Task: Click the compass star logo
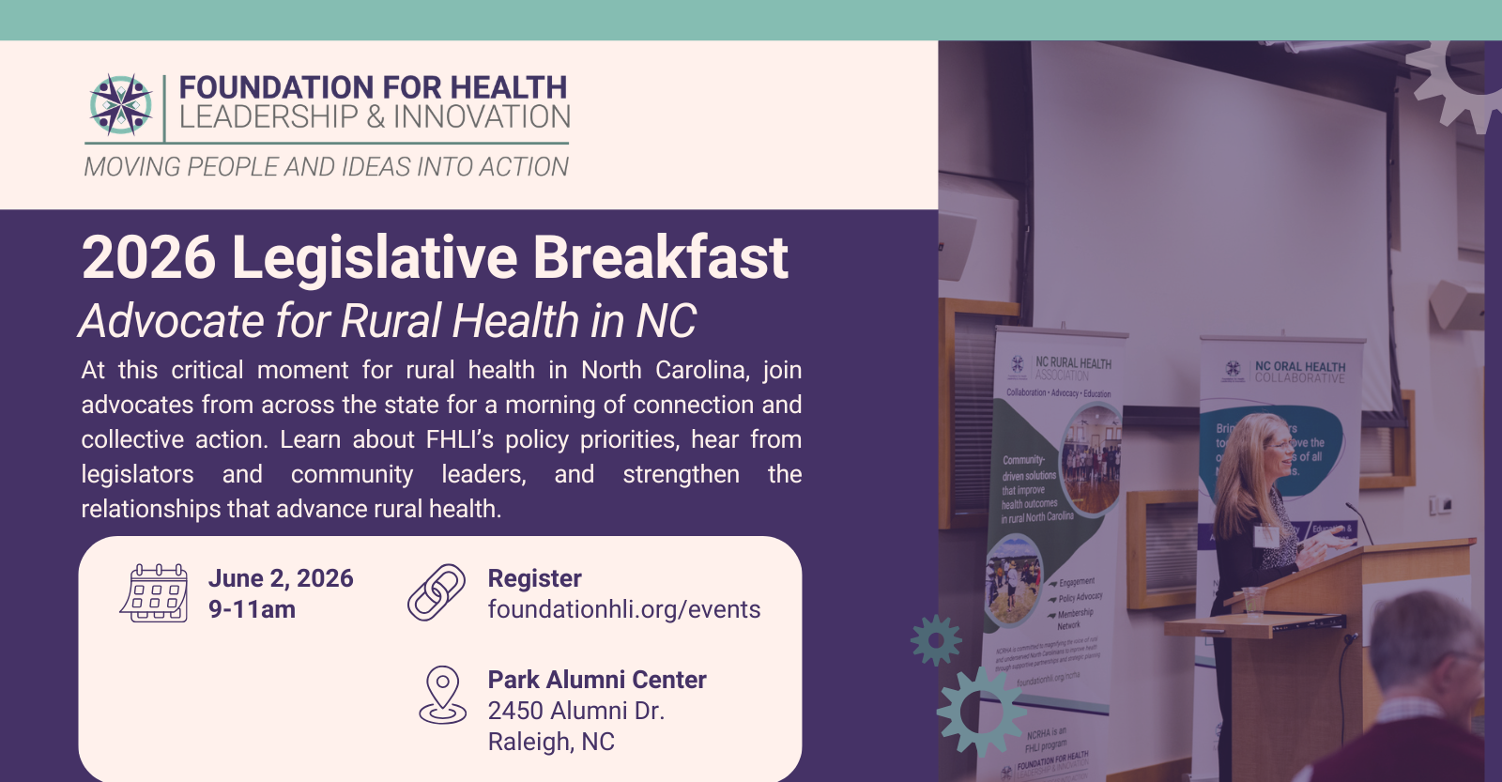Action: pos(121,104)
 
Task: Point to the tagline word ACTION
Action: pos(523,167)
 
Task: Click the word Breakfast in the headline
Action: pos(660,257)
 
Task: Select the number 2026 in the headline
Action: pos(148,257)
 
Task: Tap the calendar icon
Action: pos(154,593)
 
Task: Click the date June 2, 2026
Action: pos(281,578)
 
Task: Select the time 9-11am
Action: pos(252,609)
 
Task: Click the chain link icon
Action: pos(437,592)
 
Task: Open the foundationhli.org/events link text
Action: pos(623,609)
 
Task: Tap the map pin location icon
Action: pos(442,695)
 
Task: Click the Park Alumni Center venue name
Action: pos(596,680)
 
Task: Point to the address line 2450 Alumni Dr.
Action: pos(575,711)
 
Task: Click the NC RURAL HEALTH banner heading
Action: pos(1072,363)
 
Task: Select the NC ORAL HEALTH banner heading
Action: pos(1299,367)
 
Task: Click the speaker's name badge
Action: pos(1266,536)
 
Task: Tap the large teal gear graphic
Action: pos(981,711)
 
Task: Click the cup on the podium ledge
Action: pos(1252,600)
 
